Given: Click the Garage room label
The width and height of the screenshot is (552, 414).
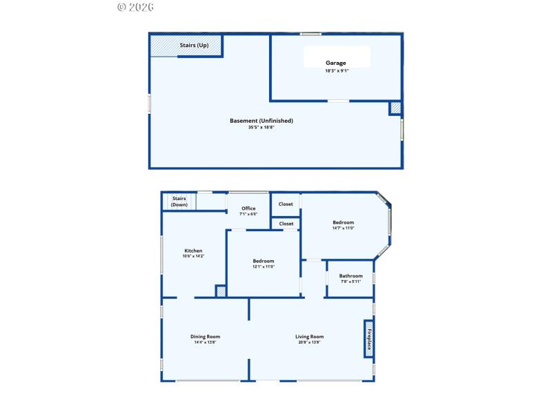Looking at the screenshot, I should click(336, 63).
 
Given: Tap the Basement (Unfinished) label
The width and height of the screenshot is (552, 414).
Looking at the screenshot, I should click(262, 121).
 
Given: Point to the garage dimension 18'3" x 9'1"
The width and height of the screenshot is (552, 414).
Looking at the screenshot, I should click(336, 70).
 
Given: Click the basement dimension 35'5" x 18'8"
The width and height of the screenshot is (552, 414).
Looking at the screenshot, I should click(262, 128).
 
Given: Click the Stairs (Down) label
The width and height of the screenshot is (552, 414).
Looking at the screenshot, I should click(179, 201).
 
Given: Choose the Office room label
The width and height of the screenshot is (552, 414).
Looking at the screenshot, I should click(248, 208).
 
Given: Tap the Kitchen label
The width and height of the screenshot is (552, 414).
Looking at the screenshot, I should click(193, 250).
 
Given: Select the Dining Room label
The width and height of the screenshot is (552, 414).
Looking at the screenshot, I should click(206, 337).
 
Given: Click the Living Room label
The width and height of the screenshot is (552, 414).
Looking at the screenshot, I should click(310, 337).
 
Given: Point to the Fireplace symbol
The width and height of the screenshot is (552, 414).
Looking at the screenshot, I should click(369, 338).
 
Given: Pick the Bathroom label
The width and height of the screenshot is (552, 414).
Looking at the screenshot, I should click(351, 276).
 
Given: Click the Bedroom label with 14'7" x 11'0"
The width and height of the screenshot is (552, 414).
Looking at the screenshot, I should click(343, 222).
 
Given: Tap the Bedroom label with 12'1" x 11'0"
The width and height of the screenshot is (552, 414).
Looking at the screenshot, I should click(264, 261).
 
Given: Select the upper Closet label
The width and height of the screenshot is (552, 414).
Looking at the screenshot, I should click(286, 204).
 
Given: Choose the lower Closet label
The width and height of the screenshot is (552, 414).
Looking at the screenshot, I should click(286, 224).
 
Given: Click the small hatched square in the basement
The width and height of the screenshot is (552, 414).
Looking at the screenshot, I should click(395, 108).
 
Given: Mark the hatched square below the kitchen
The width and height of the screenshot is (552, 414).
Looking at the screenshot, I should click(221, 291).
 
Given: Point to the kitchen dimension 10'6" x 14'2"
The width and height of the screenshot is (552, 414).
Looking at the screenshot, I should click(193, 257).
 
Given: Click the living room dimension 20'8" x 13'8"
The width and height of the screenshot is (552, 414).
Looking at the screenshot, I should click(310, 343).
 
